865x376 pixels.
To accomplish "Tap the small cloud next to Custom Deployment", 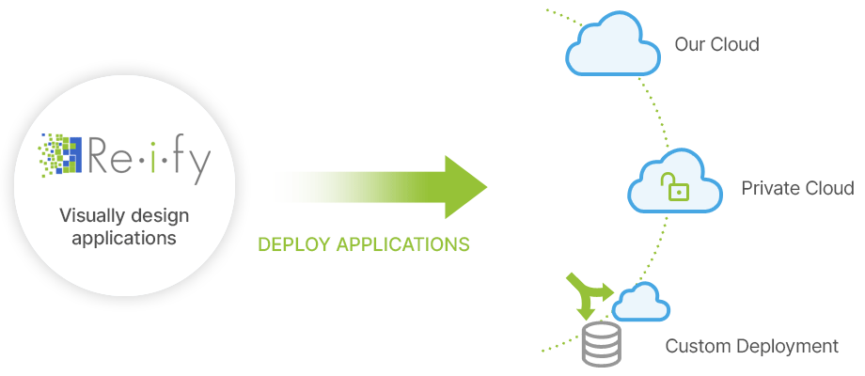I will point(641,303).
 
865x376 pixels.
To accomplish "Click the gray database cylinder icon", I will point(602,345).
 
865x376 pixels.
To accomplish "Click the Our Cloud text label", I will point(716,44).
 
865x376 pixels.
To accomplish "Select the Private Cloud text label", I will point(797,188).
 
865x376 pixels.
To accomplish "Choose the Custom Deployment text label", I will point(751,347).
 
